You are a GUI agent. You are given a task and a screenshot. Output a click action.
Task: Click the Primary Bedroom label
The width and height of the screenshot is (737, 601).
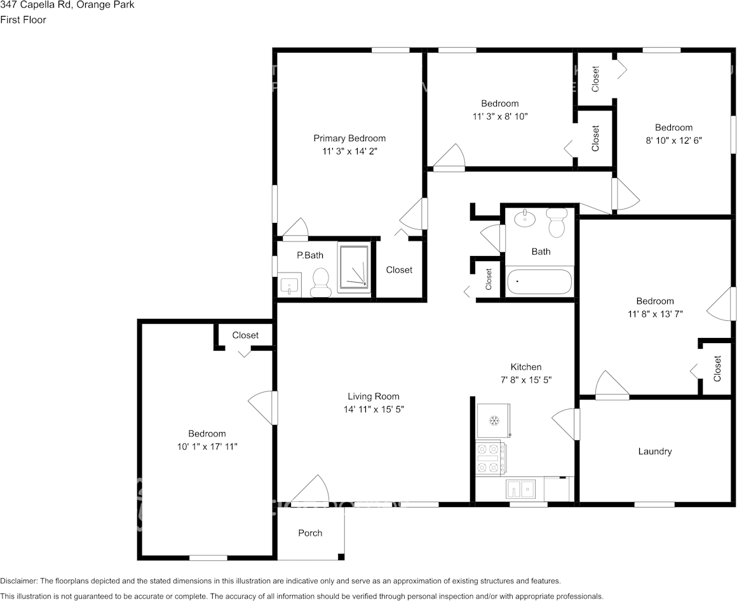click(349, 138)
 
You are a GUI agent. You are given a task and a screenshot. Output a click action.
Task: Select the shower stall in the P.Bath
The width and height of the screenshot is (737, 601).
click(353, 269)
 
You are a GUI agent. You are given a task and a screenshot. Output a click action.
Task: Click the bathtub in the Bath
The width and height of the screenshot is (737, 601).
click(539, 281)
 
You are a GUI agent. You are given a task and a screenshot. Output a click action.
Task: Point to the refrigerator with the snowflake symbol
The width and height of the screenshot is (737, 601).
click(494, 420)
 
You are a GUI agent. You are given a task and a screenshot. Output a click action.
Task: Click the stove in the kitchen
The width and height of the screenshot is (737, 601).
click(491, 459)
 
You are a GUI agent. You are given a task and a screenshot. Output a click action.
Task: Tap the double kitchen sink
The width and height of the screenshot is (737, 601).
click(521, 489)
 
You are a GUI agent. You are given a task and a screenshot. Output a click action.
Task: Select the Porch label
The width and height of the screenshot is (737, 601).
click(310, 532)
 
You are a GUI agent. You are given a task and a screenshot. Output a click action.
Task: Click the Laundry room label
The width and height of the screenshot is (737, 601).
click(654, 451)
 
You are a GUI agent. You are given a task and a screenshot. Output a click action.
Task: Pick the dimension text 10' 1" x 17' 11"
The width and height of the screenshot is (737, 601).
click(206, 447)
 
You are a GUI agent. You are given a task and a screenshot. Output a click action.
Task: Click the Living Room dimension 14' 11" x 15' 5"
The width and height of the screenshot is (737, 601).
click(373, 409)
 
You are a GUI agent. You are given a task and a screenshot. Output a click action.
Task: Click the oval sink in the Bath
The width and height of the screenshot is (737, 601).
click(525, 220)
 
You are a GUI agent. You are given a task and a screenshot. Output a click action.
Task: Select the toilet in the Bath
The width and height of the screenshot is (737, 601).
click(557, 222)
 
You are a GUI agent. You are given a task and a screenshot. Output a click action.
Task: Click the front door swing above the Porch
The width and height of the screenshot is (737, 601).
click(309, 490)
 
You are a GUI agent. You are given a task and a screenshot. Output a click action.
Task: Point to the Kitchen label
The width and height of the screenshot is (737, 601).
click(526, 367)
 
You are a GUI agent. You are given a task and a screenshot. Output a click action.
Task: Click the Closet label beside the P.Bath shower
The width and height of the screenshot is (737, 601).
click(399, 269)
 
